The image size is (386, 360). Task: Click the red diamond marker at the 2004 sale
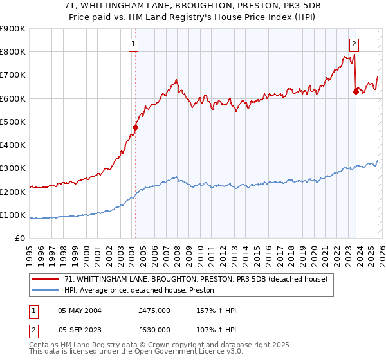[135, 127]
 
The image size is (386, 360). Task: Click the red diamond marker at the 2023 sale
[355, 91]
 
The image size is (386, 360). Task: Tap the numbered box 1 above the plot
[133, 44]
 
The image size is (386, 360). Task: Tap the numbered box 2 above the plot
[354, 44]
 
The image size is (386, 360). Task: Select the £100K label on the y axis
[13, 215]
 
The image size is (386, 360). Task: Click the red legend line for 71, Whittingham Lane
[46, 279]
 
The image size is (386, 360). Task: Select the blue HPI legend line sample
[46, 291]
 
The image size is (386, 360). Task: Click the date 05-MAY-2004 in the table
[80, 310]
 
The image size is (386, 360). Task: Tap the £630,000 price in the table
[154, 328]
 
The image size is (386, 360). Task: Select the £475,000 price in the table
[154, 310]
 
